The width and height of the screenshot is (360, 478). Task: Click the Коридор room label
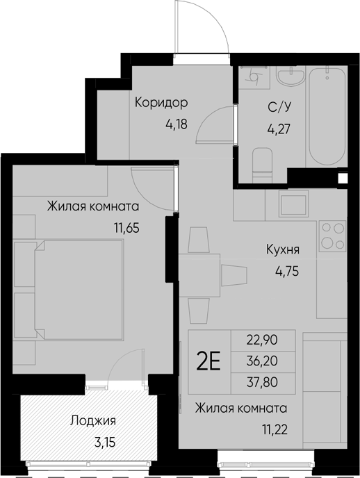(161, 104)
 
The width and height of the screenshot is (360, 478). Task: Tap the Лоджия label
(92, 420)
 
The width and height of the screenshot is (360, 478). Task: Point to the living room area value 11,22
(275, 429)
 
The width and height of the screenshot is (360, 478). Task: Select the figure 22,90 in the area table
(261, 340)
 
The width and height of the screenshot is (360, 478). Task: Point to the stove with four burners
(331, 235)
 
